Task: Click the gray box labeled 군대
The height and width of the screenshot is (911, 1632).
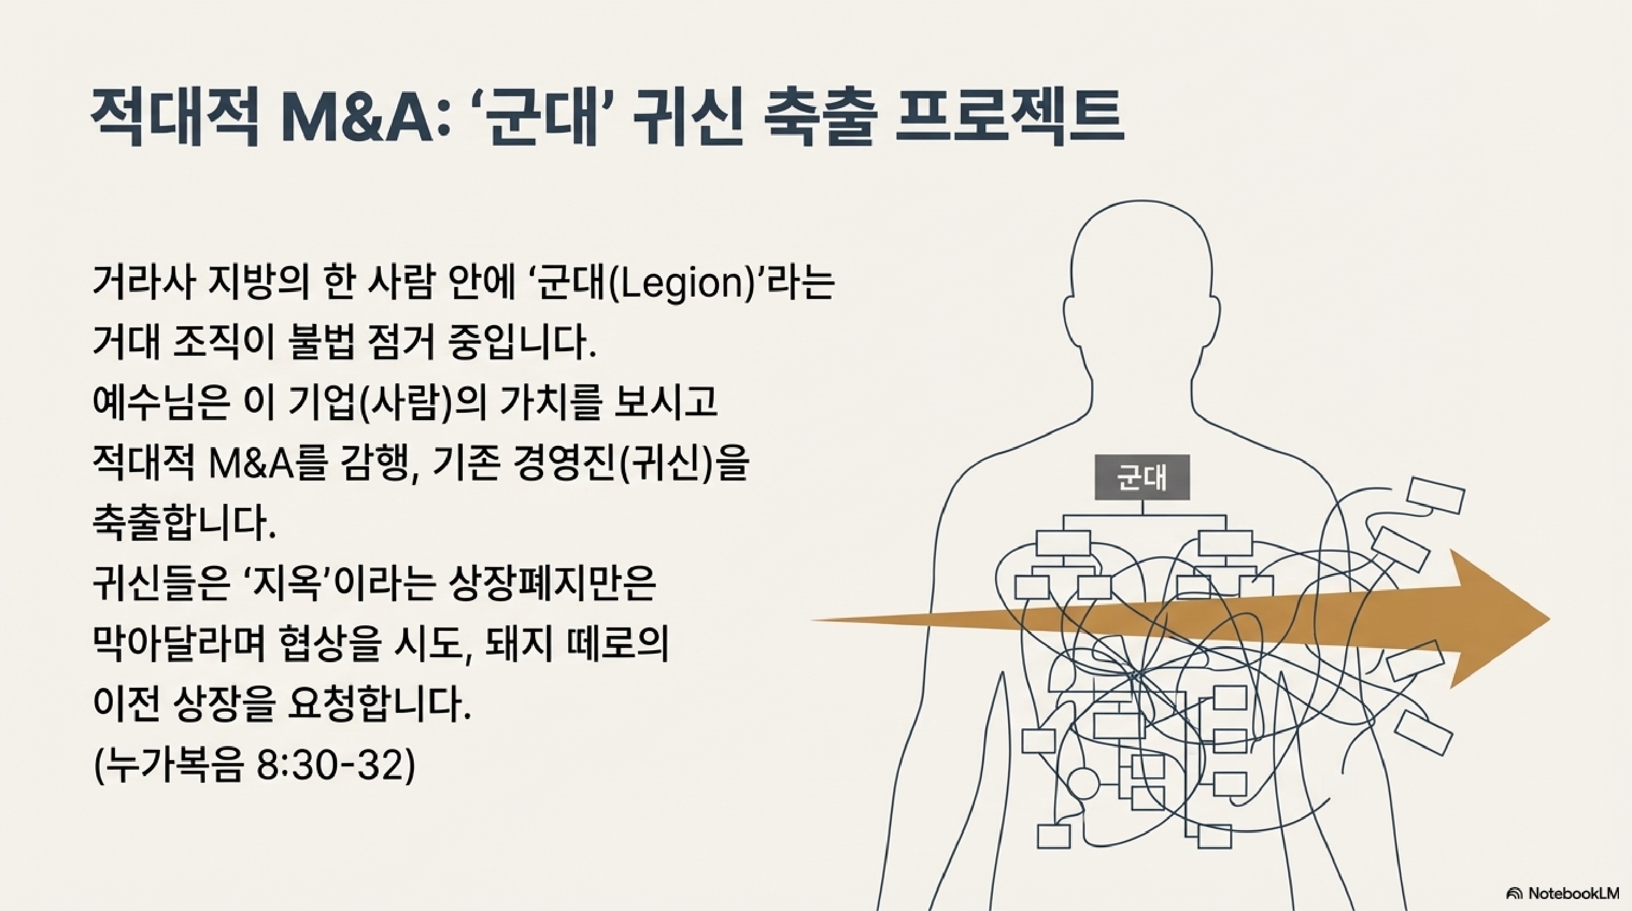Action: (1142, 477)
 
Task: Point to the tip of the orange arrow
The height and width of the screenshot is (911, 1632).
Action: (1546, 619)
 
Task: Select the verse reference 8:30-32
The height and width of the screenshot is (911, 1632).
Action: (328, 765)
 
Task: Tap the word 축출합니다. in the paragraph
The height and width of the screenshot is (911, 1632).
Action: (184, 523)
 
